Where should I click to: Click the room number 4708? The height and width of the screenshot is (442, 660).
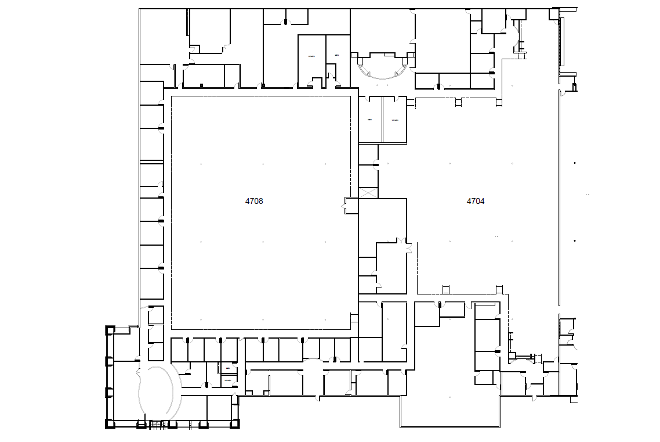pyautogui.click(x=254, y=202)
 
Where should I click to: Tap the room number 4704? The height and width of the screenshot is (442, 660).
pyautogui.click(x=476, y=202)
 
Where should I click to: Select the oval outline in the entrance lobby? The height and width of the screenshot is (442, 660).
pyautogui.click(x=155, y=392)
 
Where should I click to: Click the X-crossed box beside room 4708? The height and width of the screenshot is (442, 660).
pyautogui.click(x=368, y=193)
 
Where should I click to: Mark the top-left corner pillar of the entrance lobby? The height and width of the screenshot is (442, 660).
pyautogui.click(x=109, y=330)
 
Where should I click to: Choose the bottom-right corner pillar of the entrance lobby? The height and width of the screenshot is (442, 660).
pyautogui.click(x=235, y=423)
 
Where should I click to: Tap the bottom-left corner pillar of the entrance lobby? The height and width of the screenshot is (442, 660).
pyautogui.click(x=109, y=423)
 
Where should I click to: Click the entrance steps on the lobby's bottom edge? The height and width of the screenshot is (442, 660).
pyautogui.click(x=157, y=426)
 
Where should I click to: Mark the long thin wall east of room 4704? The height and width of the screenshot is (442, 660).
pyautogui.click(x=559, y=197)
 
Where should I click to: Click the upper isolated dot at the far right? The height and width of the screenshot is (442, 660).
pyautogui.click(x=575, y=163)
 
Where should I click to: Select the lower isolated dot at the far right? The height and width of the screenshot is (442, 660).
pyautogui.click(x=575, y=240)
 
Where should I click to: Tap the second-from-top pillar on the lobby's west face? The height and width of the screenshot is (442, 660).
pyautogui.click(x=109, y=361)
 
